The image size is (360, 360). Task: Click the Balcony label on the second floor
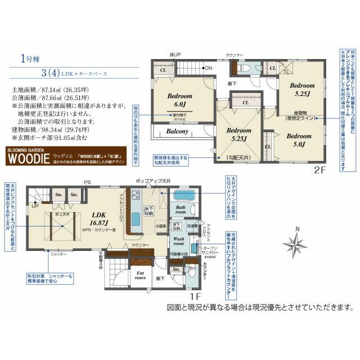click(x=169, y=132)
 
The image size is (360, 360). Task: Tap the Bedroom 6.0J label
click(x=179, y=100)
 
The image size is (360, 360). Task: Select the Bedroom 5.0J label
click(x=299, y=140)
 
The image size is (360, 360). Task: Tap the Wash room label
click(x=178, y=241)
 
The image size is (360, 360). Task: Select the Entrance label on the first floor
click(x=141, y=275)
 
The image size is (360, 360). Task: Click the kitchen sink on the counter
click(x=136, y=218)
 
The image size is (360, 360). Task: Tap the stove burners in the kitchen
click(x=136, y=196)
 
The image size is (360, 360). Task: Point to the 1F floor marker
click(x=195, y=293)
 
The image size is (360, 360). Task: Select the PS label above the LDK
click(x=87, y=183)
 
